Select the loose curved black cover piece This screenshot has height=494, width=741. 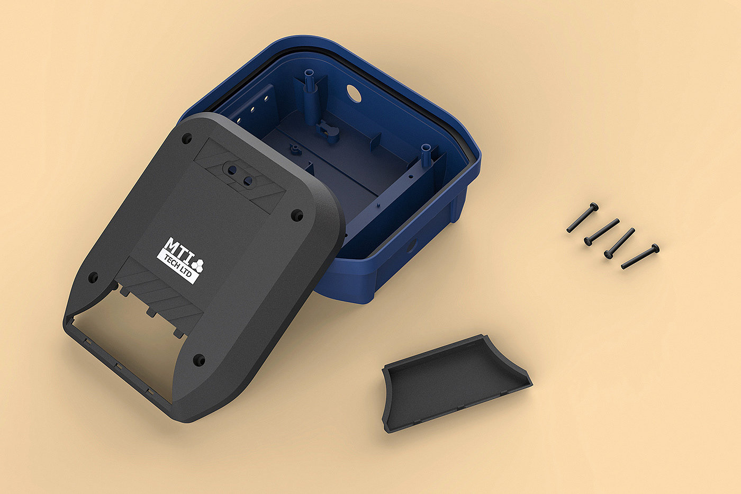click(x=456, y=383)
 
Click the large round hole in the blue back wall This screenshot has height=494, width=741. click(x=354, y=93)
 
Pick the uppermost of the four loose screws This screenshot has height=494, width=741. click(x=582, y=218)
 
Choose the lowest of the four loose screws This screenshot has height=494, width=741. click(x=640, y=256)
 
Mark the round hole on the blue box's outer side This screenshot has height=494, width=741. click(x=412, y=245)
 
